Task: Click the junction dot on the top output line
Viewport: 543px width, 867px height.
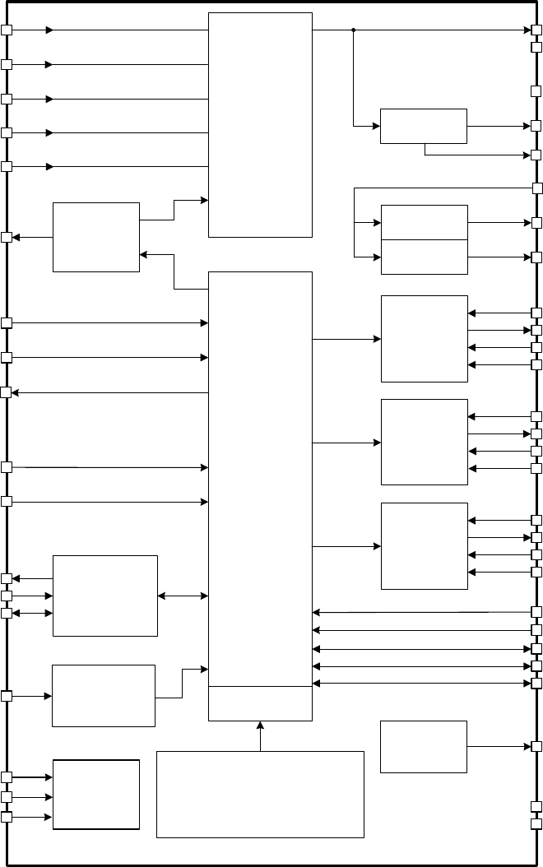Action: [353, 30]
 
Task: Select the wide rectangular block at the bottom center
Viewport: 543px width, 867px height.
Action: [260, 794]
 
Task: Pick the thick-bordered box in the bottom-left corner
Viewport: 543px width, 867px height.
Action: [96, 795]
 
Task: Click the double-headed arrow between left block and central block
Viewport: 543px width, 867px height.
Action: [183, 596]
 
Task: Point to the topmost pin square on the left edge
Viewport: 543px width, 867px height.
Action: [7, 30]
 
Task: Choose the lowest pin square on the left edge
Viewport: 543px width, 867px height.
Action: [7, 817]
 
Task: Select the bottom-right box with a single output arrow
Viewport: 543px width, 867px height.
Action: [424, 746]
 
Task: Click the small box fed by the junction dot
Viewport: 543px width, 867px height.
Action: [423, 126]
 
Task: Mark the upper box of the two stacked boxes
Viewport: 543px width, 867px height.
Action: [425, 223]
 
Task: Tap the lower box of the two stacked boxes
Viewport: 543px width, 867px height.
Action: [425, 257]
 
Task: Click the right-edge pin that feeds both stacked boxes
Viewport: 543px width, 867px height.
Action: [537, 188]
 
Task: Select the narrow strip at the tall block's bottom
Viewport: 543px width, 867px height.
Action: [261, 703]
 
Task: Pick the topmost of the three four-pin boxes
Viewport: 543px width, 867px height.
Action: [425, 338]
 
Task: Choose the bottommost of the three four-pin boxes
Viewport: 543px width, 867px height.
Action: [425, 545]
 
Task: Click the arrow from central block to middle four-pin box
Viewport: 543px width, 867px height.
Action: [346, 443]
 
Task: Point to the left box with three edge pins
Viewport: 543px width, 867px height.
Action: [104, 596]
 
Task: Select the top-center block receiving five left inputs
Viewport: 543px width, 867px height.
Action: [261, 124]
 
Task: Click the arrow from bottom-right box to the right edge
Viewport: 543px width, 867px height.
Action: [499, 746]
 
